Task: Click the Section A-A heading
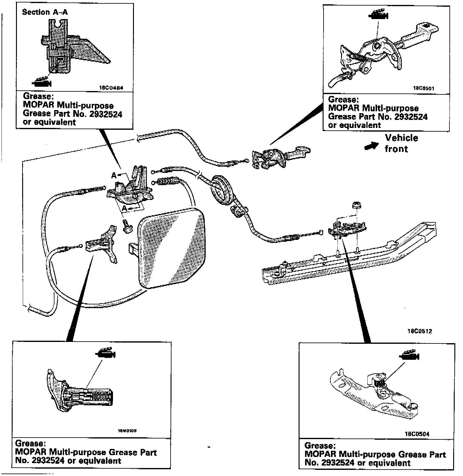click(x=45, y=12)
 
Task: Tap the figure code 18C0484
click(x=111, y=88)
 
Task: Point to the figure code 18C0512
click(x=419, y=331)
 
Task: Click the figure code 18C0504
click(x=417, y=434)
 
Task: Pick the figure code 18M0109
click(x=127, y=431)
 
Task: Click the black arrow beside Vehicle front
click(x=372, y=146)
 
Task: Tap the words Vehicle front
click(x=401, y=143)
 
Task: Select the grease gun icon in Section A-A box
click(x=42, y=82)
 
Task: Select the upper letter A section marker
click(x=114, y=176)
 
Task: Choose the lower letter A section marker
click(x=125, y=209)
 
